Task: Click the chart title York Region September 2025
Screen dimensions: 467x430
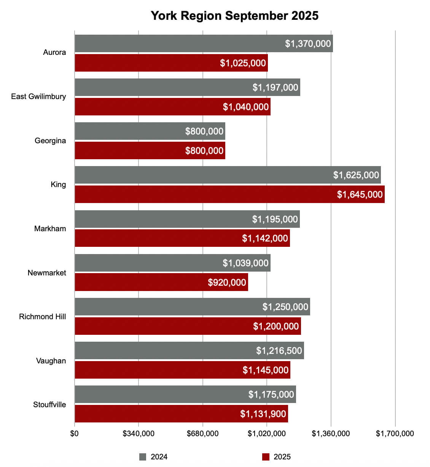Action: coord(234,16)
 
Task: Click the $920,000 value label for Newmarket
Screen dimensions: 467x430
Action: coord(227,282)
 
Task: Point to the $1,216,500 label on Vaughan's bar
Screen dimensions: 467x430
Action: coord(279,350)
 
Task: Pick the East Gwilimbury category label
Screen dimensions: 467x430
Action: coord(38,96)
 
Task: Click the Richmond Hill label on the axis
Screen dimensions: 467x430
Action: coord(42,317)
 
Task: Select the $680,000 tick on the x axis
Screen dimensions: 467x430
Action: coord(202,433)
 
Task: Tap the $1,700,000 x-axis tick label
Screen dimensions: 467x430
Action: coord(395,433)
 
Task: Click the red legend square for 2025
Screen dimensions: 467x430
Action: coord(266,457)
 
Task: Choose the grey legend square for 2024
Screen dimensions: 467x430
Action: coord(143,457)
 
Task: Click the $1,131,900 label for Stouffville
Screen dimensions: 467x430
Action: coord(263,414)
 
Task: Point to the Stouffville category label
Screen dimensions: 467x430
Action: coord(49,405)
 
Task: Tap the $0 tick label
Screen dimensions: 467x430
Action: coord(74,433)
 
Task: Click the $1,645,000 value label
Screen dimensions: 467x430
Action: coord(360,194)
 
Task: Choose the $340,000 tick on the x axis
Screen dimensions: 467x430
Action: coord(139,433)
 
